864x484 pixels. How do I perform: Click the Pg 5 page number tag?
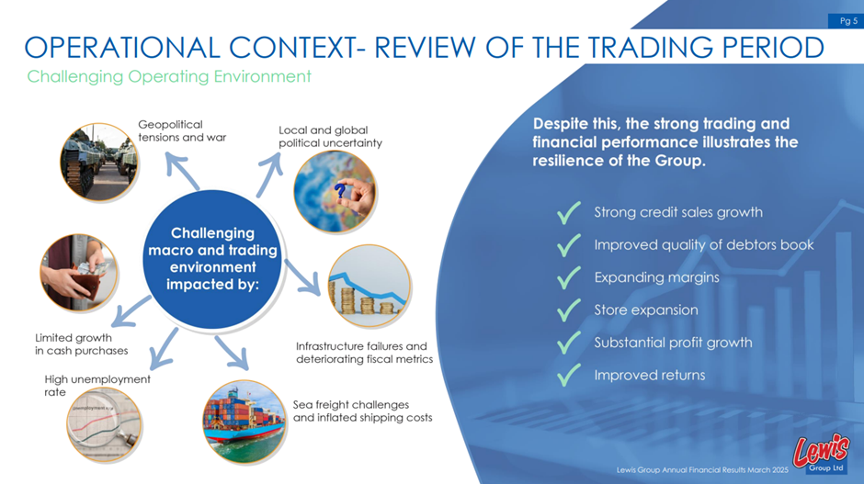[x=845, y=21]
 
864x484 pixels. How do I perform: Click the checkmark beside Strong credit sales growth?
[x=569, y=212]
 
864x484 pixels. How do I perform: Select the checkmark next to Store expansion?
[x=569, y=310]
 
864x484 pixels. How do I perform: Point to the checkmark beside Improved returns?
[x=569, y=375]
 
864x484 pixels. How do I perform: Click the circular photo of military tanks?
[x=99, y=162]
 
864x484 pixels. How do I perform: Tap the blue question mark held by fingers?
[x=341, y=191]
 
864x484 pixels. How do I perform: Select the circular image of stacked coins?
[x=369, y=287]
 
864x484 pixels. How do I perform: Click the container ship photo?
[x=244, y=422]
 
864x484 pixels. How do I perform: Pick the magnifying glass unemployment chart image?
[x=104, y=424]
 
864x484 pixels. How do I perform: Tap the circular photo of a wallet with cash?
[x=79, y=273]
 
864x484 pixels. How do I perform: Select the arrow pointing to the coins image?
[x=302, y=277]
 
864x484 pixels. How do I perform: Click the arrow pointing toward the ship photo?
[x=232, y=353]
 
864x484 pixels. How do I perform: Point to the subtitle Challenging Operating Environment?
[x=169, y=76]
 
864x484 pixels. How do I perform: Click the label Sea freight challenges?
[x=351, y=405]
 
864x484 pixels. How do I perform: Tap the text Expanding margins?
[x=656, y=277]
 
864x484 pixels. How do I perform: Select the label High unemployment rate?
[x=97, y=386]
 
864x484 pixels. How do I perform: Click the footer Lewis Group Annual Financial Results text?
[x=702, y=469]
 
